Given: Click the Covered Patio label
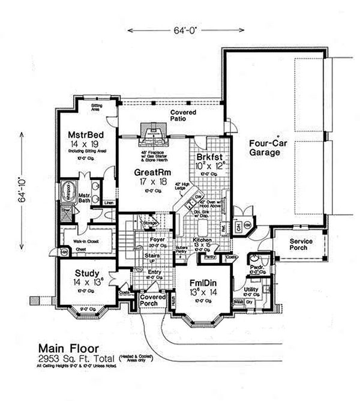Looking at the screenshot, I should (184, 116).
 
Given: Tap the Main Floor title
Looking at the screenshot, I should (65, 347).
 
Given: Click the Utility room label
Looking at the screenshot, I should (251, 289).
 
